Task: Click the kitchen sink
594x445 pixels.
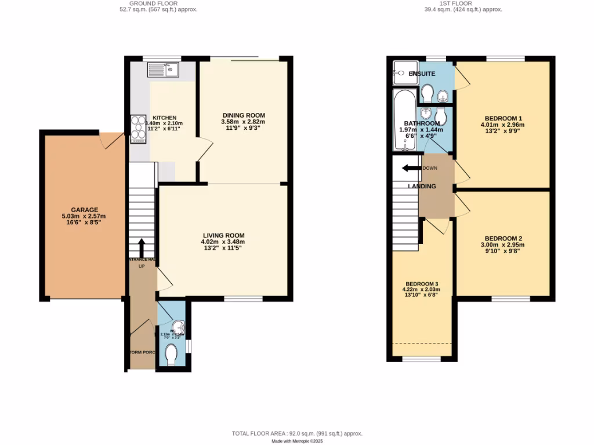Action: pyautogui.click(x=164, y=71)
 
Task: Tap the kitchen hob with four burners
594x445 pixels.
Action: pyautogui.click(x=139, y=129)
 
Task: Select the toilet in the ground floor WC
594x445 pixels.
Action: pyautogui.click(x=171, y=355)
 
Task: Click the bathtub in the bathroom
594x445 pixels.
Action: pyautogui.click(x=402, y=119)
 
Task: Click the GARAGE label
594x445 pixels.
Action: pyautogui.click(x=85, y=210)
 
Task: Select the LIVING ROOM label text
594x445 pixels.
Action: pyautogui.click(x=223, y=235)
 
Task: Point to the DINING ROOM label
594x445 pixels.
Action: pyautogui.click(x=243, y=114)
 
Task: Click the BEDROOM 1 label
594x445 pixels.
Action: pyautogui.click(x=502, y=117)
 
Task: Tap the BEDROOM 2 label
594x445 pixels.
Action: pyautogui.click(x=503, y=239)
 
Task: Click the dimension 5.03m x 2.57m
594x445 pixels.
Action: pyautogui.click(x=85, y=217)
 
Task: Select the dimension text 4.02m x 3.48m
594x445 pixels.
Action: pyautogui.click(x=223, y=242)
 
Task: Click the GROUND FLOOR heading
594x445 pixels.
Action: pyautogui.click(x=154, y=3)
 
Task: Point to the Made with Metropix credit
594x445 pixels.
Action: pyautogui.click(x=296, y=441)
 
